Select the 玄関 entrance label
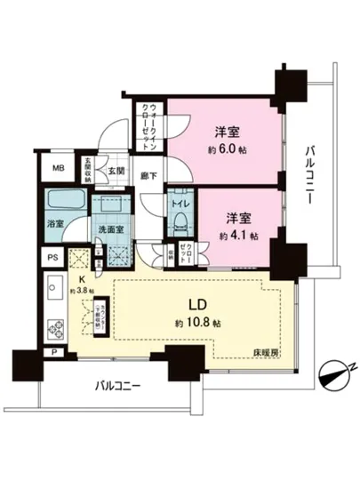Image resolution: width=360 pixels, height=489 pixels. [x=116, y=170]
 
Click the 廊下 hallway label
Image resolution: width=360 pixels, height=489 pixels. [x=149, y=177]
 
